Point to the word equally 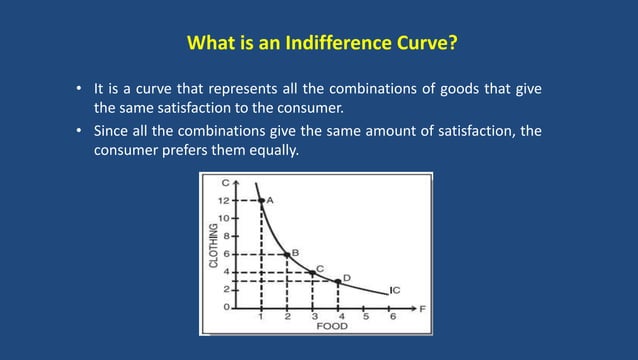click(x=272, y=151)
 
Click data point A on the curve click(x=261, y=201)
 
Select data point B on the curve click(x=287, y=255)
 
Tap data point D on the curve click(x=338, y=282)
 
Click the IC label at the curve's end click(x=395, y=290)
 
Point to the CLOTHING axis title click(x=213, y=246)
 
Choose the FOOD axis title click(x=333, y=326)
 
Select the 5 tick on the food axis click(x=365, y=316)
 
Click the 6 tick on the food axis click(x=391, y=316)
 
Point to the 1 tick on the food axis click(x=261, y=316)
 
